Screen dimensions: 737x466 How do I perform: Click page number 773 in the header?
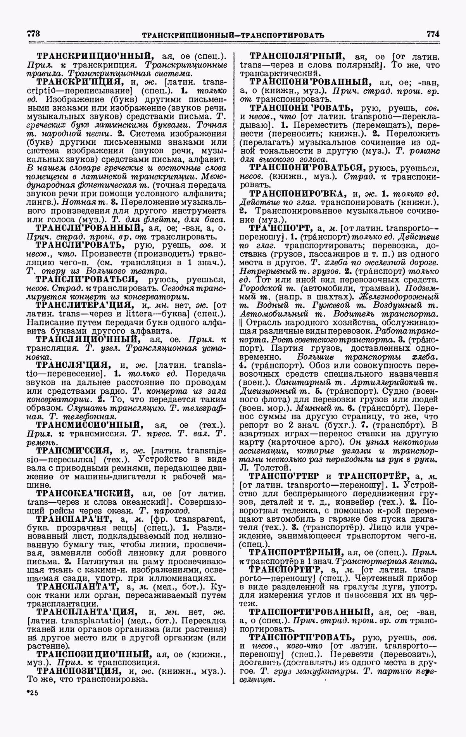click(34, 33)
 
